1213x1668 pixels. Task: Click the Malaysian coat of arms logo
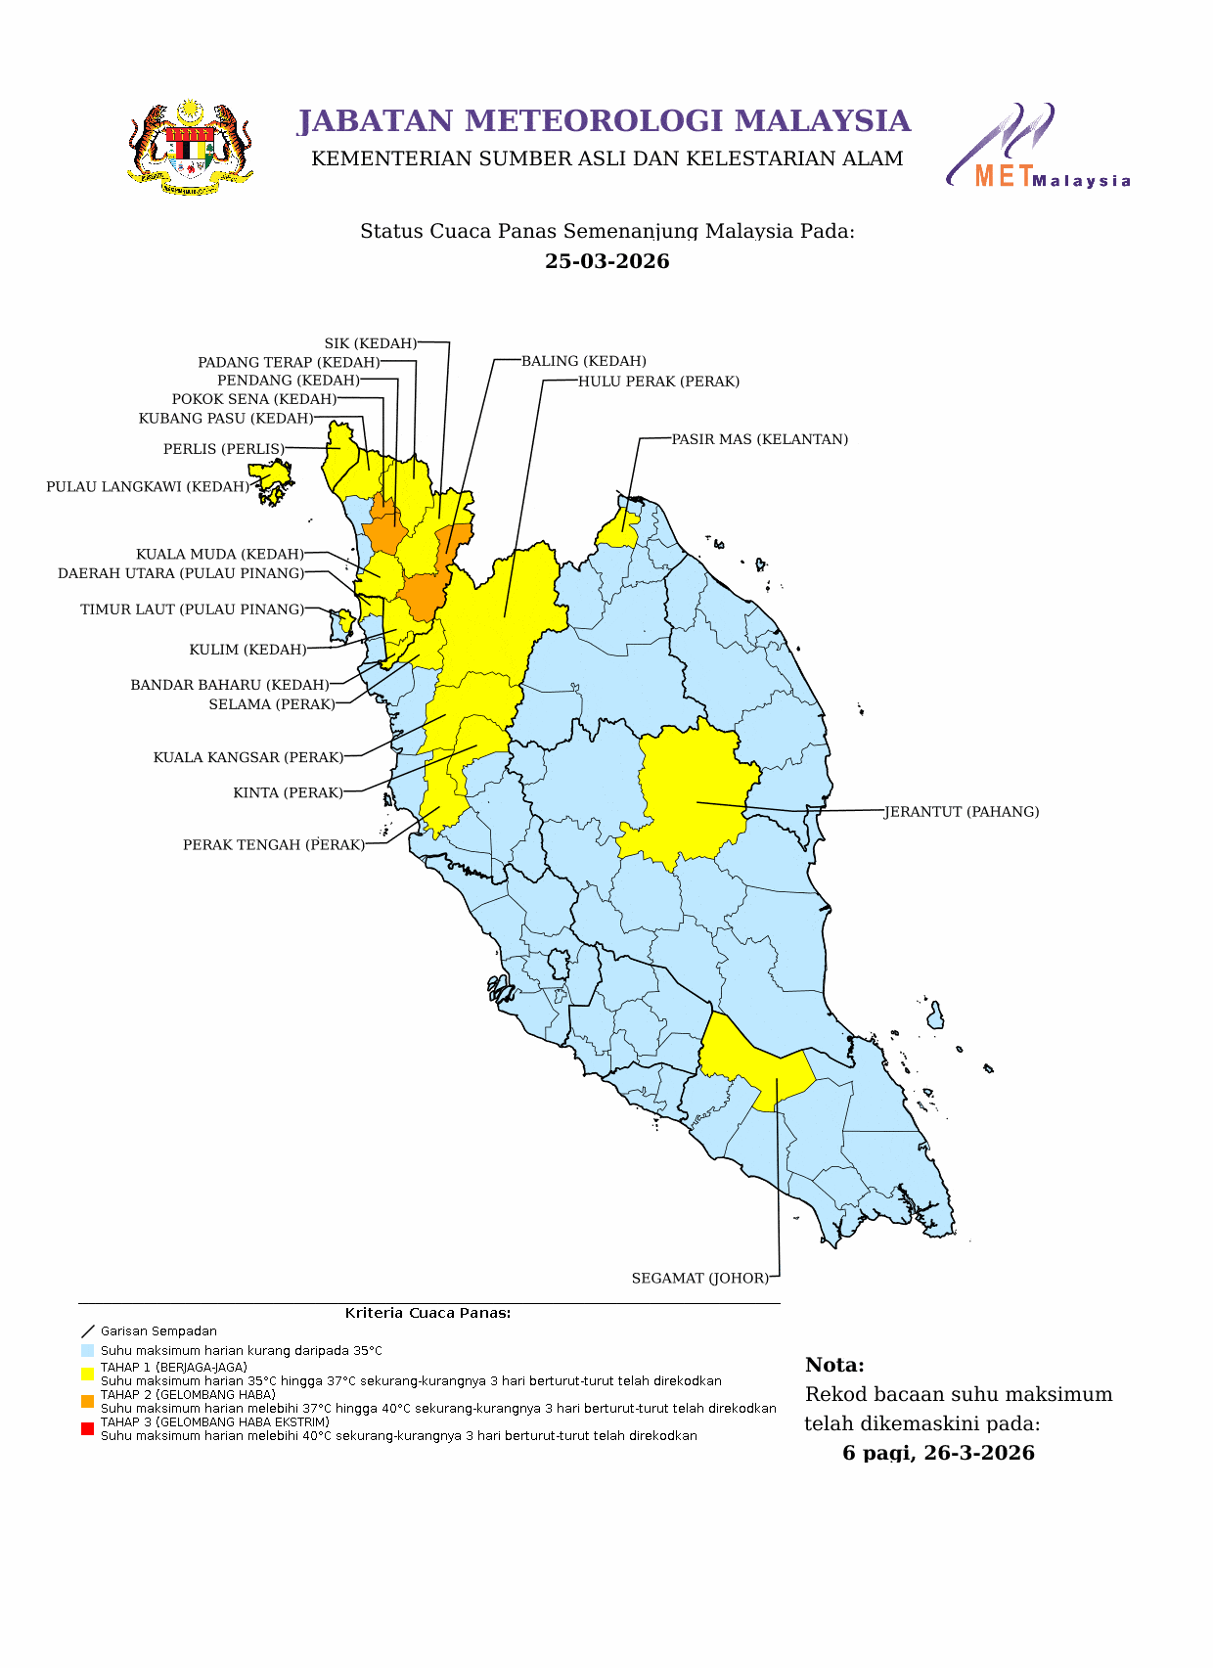click(191, 148)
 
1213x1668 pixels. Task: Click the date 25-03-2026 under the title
click(606, 261)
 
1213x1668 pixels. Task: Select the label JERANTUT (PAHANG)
click(961, 812)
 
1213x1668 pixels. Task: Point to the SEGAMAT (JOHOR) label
click(699, 1279)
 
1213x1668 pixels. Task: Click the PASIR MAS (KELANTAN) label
click(759, 439)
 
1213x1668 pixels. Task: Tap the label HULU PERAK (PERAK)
click(658, 382)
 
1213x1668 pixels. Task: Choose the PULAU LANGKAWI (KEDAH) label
click(147, 487)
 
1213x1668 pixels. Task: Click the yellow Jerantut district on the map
click(690, 792)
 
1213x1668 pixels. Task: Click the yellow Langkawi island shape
click(271, 474)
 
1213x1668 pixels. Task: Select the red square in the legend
click(87, 1429)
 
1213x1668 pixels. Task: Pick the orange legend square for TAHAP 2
click(87, 1402)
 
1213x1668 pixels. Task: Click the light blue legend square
click(87, 1350)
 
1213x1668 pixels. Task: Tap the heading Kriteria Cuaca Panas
click(427, 1313)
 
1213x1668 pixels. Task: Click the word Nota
click(834, 1366)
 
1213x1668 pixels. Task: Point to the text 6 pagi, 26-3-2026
click(938, 1453)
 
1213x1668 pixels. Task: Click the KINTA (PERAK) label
click(288, 793)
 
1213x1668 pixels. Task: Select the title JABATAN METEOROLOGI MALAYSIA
click(604, 120)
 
